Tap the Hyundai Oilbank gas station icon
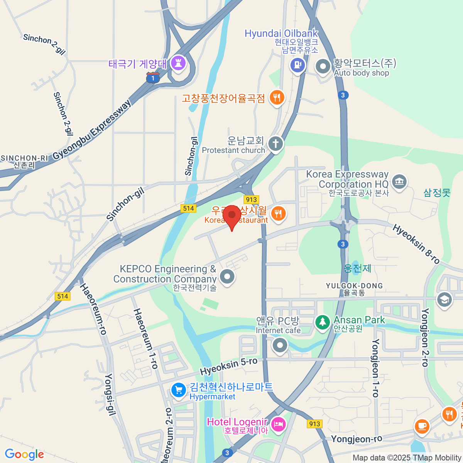coord(297,65)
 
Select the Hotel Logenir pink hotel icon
coord(278,424)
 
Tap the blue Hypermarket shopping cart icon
coord(178,390)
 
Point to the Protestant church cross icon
coord(275,144)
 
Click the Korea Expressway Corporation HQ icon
coord(399,181)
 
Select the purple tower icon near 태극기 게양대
coord(178,63)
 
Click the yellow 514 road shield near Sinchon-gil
coord(188,208)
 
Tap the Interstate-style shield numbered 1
coord(153,78)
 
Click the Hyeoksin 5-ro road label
coord(228,366)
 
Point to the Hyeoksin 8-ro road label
coord(416,244)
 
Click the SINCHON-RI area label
coord(24,158)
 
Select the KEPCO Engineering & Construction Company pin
coord(227,276)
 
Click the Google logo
coord(24,454)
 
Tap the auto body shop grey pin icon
coord(323,66)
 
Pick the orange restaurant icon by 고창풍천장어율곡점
coord(277,98)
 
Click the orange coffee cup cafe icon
coord(422,426)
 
